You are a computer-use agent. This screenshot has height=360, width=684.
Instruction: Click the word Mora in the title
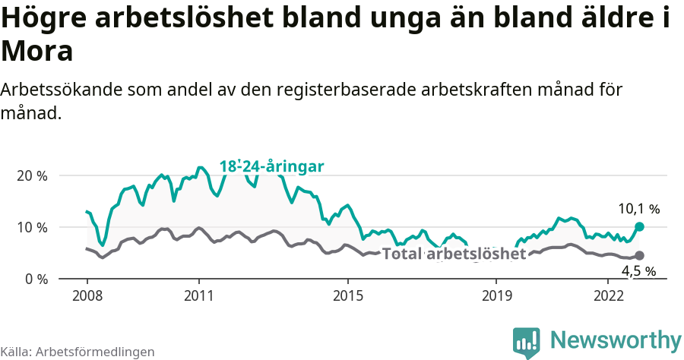(37, 52)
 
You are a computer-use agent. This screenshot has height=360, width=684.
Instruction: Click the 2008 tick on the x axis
(87, 295)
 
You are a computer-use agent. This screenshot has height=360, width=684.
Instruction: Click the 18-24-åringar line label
(272, 166)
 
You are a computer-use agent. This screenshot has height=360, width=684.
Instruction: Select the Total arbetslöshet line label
(454, 254)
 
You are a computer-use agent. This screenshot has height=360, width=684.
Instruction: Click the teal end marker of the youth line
(639, 226)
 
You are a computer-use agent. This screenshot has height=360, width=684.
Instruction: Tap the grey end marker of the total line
(639, 255)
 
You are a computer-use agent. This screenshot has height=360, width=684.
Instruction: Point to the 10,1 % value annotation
(638, 208)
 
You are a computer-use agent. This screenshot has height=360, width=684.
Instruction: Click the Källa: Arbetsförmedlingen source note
(78, 352)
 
